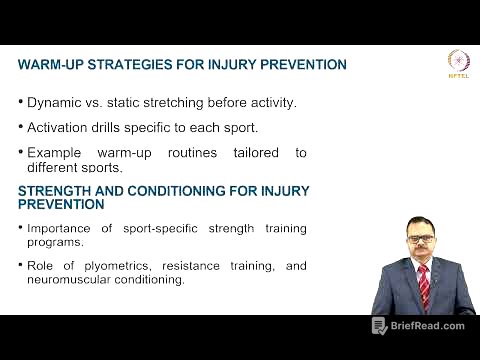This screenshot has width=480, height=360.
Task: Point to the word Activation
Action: coord(59,127)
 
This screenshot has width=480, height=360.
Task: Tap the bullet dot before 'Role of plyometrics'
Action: coord(21,266)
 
